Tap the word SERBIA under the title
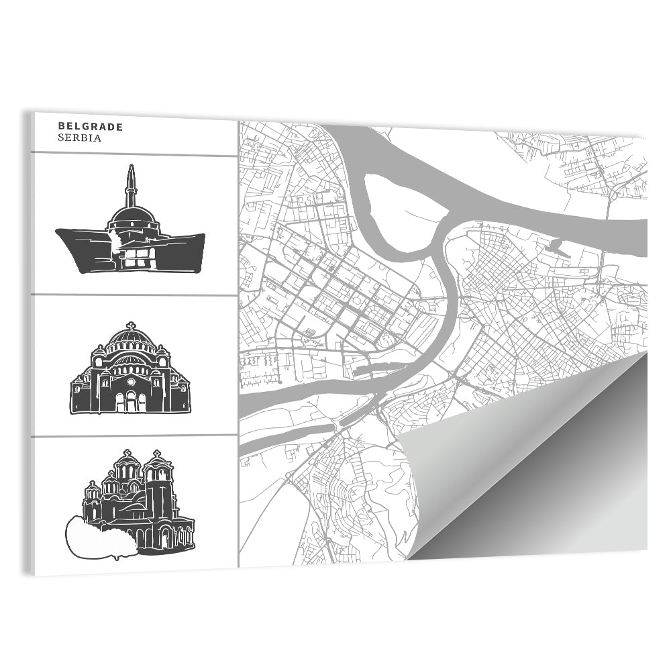click(x=79, y=138)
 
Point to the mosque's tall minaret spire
click(x=130, y=185)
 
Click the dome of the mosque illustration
click(x=131, y=216)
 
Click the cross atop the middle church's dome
click(x=130, y=325)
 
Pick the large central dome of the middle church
click(x=130, y=340)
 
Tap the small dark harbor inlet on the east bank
click(x=557, y=247)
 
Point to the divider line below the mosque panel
click(x=134, y=295)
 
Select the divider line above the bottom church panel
click(x=134, y=435)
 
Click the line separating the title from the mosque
click(x=134, y=154)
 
